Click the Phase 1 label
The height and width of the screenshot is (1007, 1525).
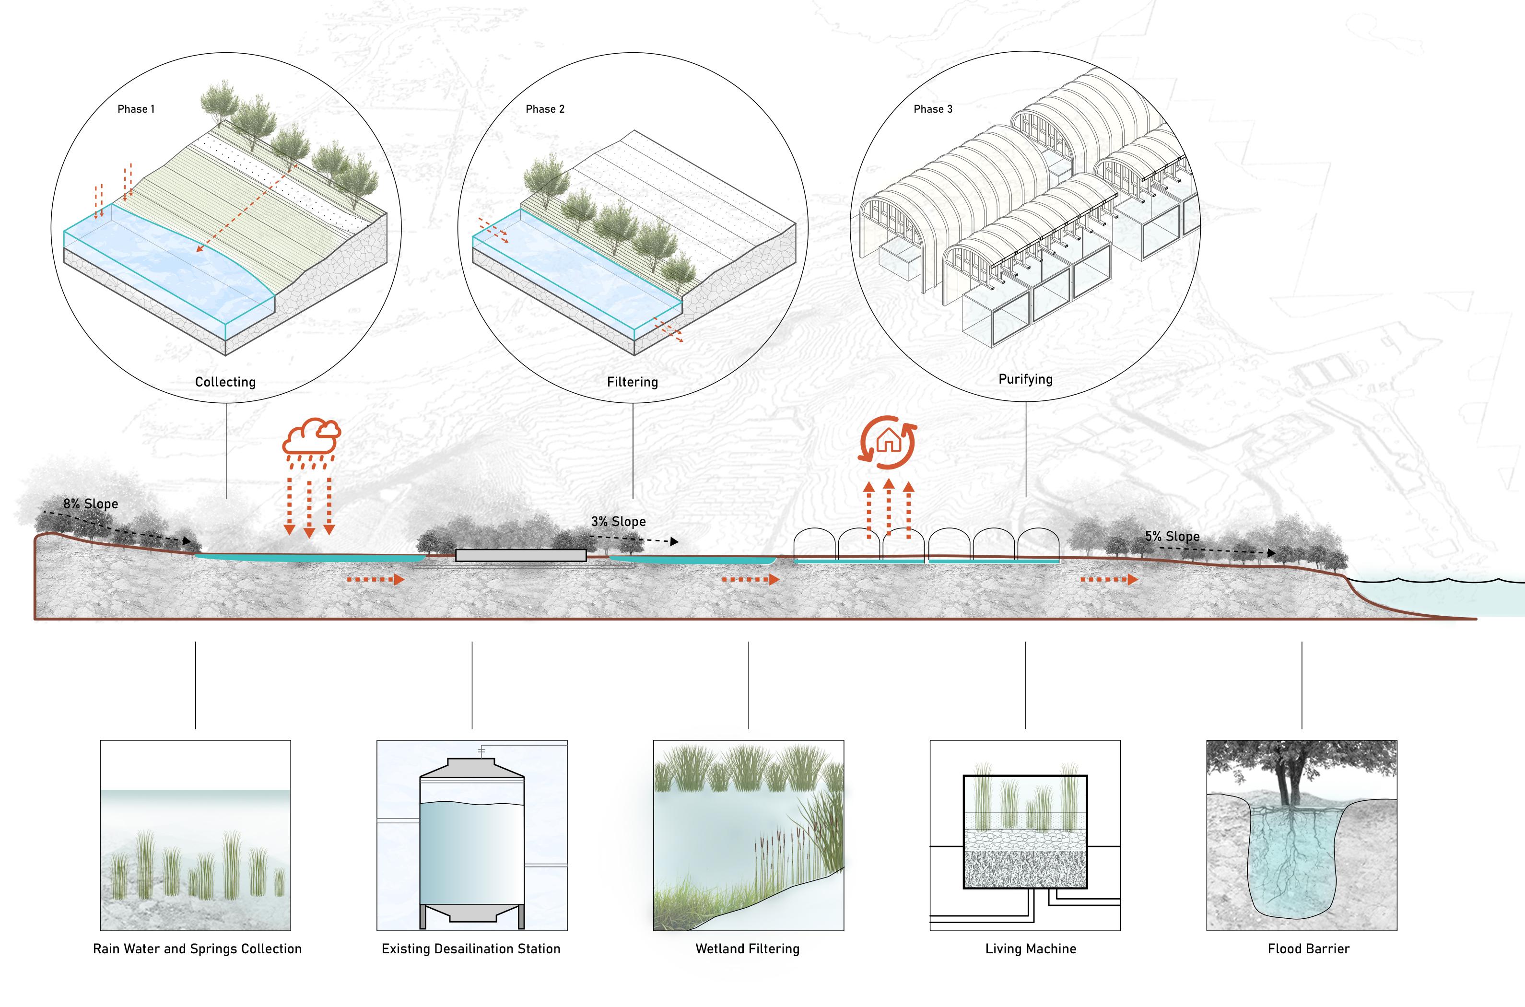click(x=136, y=109)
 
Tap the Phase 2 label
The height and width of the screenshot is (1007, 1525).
click(x=544, y=109)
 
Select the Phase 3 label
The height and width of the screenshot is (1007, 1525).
click(x=933, y=109)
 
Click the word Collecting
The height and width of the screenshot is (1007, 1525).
click(x=225, y=382)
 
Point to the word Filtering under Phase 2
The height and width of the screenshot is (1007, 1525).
click(x=633, y=382)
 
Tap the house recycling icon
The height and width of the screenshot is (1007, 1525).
click(x=889, y=442)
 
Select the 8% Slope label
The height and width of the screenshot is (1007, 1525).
click(x=91, y=503)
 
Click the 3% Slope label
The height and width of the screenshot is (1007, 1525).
click(x=618, y=522)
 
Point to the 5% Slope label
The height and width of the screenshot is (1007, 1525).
click(x=1172, y=536)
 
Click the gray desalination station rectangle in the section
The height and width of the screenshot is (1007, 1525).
click(x=520, y=555)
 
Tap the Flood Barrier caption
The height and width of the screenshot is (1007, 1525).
click(x=1309, y=948)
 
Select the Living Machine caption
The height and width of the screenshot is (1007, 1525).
click(x=1031, y=948)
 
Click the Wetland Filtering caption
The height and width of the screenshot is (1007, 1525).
click(x=748, y=948)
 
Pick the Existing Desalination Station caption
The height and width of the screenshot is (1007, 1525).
click(x=470, y=948)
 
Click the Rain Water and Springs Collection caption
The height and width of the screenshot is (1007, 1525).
click(x=197, y=948)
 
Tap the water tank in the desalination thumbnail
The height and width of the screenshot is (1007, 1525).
click(x=472, y=848)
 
